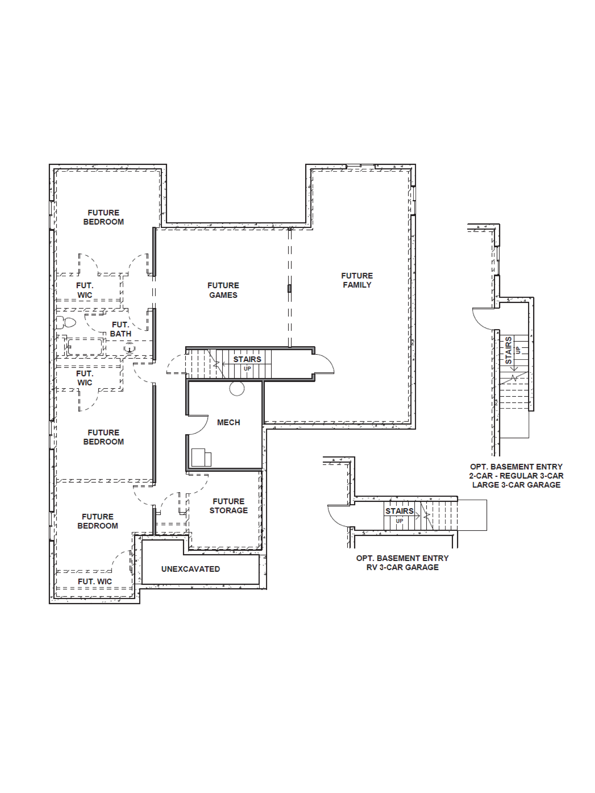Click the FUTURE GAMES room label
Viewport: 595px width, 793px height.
coord(223,290)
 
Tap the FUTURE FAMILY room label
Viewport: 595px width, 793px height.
coord(357,280)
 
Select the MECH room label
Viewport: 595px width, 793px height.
coord(228,422)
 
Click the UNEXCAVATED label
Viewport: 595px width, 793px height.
coord(190,569)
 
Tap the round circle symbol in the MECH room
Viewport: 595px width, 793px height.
coord(237,388)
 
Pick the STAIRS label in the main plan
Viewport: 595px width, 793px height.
coord(247,359)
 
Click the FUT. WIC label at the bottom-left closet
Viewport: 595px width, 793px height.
coord(95,581)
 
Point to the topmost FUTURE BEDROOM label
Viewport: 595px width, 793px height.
coord(103,217)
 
